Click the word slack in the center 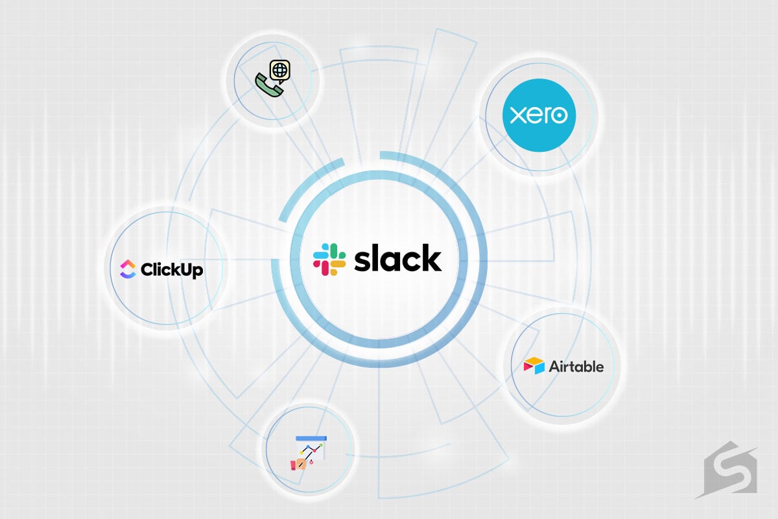point(397,258)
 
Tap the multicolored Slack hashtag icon point(329,259)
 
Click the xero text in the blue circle point(539,115)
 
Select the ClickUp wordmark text point(172,269)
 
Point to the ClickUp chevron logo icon point(128,269)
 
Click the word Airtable point(576,367)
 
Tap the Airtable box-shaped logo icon point(534,366)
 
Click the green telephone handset point(269,85)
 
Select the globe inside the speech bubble point(279,71)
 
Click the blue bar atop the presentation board point(311,439)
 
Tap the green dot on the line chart point(322,444)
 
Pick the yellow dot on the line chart point(301,453)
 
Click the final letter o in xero point(560,115)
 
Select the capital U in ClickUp point(187,269)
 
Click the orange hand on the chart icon point(300,464)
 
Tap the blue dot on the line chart point(308,446)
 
